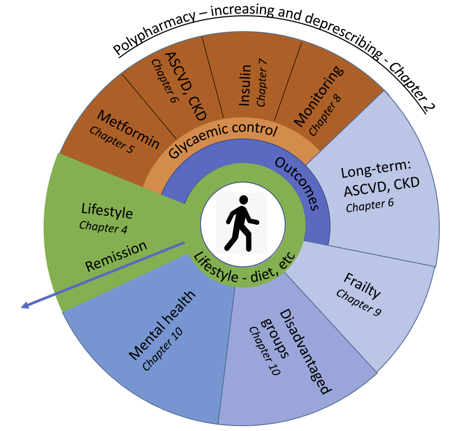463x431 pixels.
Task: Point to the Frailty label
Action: pos(362,285)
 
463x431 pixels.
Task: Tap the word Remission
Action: pos(117,255)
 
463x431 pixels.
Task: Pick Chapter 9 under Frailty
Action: pos(358,302)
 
